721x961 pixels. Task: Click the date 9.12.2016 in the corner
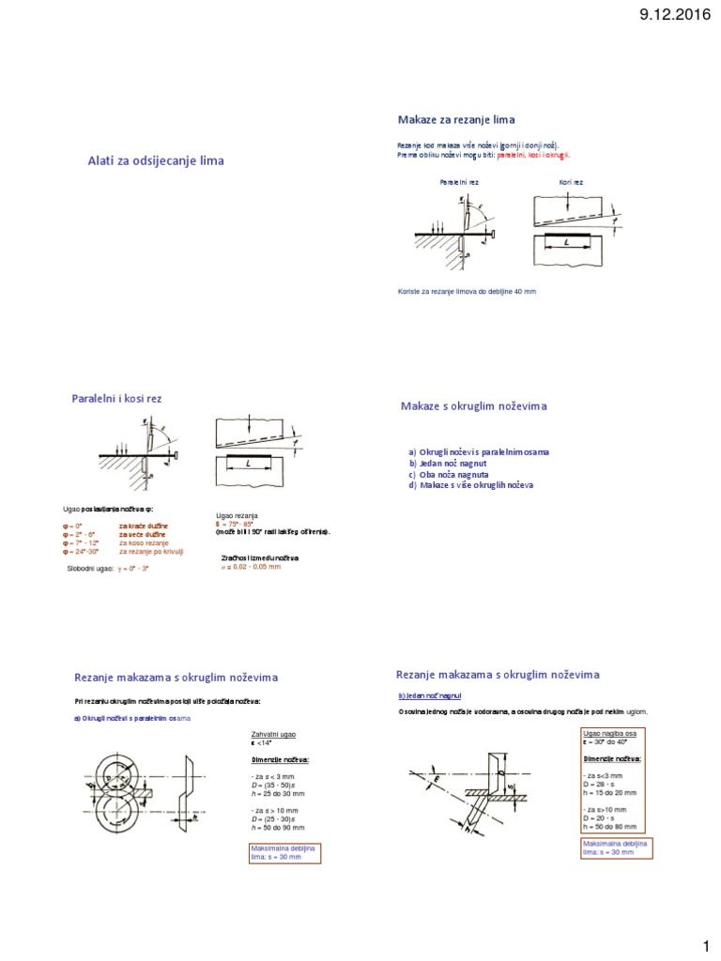point(668,15)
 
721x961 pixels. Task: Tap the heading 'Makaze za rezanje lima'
point(457,119)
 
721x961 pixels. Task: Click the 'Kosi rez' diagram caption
point(571,181)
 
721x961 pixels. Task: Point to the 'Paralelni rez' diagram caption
point(460,181)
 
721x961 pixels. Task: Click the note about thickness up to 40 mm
point(468,292)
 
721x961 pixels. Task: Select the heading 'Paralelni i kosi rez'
point(117,399)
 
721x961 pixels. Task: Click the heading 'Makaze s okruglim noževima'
point(474,405)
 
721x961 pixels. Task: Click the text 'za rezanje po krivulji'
point(150,553)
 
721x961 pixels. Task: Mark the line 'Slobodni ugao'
point(108,569)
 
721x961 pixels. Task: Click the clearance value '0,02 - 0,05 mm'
point(254,567)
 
